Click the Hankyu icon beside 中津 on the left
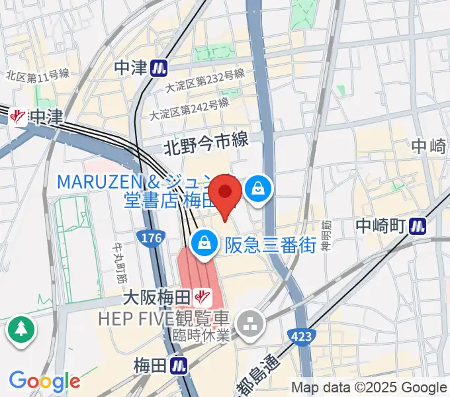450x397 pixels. [x=19, y=118]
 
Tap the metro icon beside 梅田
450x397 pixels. [x=177, y=365]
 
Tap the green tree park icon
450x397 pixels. [x=21, y=330]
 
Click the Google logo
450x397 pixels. [x=44, y=380]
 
